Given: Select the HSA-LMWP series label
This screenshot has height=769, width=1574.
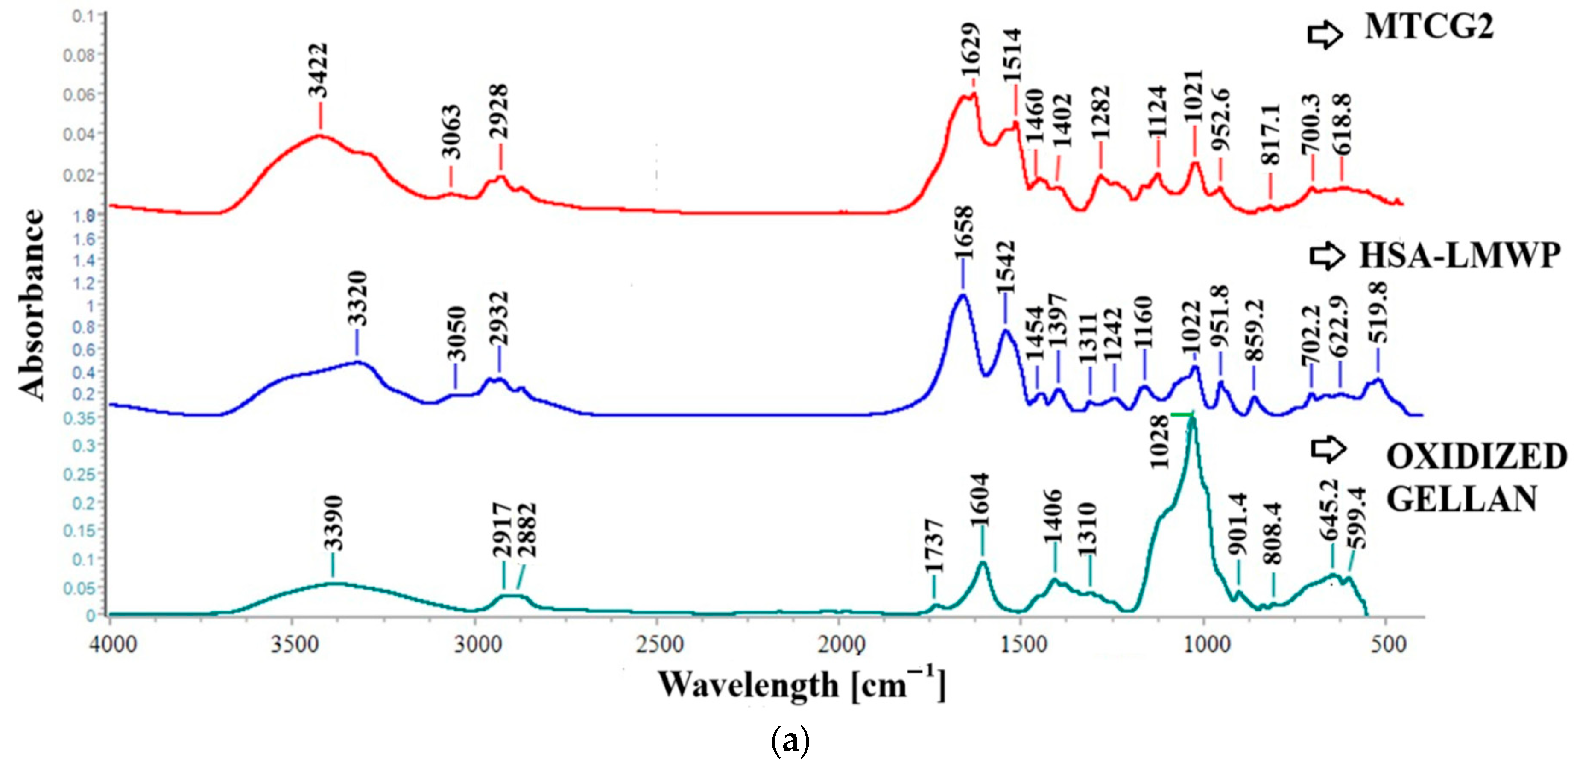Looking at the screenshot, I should point(1459,255).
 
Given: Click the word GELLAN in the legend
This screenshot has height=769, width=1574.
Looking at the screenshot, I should point(1460,499).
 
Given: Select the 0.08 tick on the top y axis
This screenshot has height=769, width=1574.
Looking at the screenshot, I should point(79,56).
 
